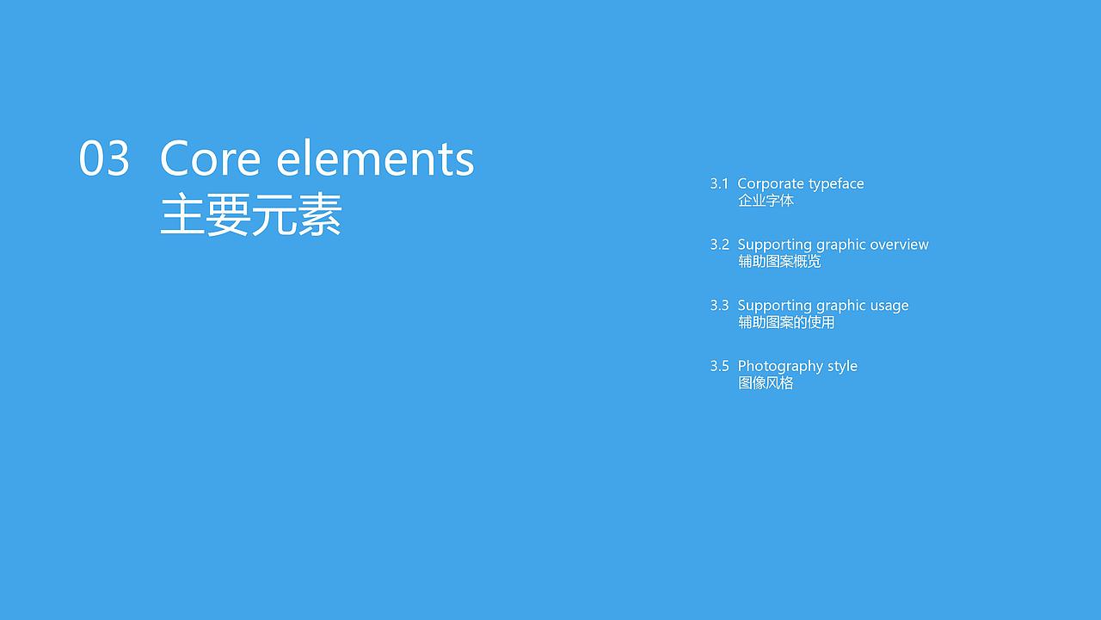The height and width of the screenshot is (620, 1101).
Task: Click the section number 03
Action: click(x=104, y=159)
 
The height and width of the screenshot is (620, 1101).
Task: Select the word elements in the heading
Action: click(x=376, y=159)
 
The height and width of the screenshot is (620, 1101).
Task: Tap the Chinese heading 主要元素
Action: click(x=251, y=215)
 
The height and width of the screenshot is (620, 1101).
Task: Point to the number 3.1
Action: click(x=719, y=183)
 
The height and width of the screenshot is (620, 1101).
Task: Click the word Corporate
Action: click(x=767, y=183)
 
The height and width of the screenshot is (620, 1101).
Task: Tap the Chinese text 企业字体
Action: click(x=766, y=201)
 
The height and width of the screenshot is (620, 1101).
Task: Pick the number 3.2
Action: click(x=719, y=245)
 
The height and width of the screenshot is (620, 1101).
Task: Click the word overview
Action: click(x=899, y=245)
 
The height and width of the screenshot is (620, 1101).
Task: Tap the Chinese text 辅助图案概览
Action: click(x=779, y=262)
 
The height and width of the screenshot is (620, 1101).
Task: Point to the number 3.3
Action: click(x=719, y=306)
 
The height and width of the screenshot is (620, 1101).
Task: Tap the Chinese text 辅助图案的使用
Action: click(x=786, y=323)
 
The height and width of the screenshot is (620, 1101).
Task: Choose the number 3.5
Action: click(x=719, y=366)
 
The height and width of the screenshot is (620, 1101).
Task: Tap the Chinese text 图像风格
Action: click(x=766, y=383)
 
